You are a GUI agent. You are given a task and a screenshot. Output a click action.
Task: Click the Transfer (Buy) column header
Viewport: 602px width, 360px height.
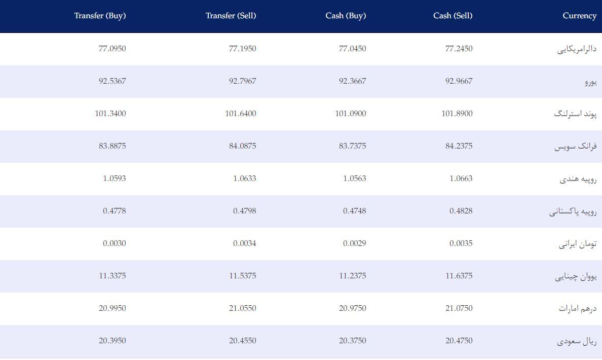pos(100,16)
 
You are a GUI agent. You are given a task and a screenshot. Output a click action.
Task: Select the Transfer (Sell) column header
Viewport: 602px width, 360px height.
pos(231,16)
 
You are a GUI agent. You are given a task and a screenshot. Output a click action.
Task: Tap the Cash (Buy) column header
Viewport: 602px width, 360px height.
pos(346,16)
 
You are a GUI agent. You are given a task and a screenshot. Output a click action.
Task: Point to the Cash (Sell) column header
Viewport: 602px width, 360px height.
pos(453,16)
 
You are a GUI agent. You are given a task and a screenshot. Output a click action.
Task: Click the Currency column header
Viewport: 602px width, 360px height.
pos(579,16)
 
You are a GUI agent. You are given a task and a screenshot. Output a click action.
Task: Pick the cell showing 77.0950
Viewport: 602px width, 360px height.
pos(112,48)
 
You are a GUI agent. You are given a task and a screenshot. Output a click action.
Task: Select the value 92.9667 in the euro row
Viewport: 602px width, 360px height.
pos(459,81)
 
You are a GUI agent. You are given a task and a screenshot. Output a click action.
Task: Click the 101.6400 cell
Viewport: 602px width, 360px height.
pos(240,114)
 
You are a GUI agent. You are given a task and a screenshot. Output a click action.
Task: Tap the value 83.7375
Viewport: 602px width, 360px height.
pos(353,146)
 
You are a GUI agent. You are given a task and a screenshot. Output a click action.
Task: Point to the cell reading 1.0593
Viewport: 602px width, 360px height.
pos(114,178)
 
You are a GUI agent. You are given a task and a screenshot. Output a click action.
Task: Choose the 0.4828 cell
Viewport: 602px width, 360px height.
pos(461,211)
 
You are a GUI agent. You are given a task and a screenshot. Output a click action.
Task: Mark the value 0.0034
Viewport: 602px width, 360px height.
pos(244,243)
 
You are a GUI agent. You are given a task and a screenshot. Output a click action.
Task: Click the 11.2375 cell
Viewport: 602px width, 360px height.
pos(353,276)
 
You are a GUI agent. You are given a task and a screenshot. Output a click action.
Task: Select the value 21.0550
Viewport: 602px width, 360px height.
pos(242,308)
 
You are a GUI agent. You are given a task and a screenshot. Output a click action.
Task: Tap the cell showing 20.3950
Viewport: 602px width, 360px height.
pos(112,341)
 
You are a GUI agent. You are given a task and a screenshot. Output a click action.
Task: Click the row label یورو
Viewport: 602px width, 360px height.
pos(590,82)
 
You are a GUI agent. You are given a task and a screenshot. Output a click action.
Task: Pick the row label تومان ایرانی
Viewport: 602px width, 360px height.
pos(578,244)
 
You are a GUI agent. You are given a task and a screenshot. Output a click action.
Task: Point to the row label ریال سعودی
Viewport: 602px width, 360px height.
pos(577,341)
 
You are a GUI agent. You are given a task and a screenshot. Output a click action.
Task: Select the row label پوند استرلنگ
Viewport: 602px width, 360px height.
pos(575,114)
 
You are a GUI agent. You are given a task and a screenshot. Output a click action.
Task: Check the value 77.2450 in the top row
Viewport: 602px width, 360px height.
pos(459,48)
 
